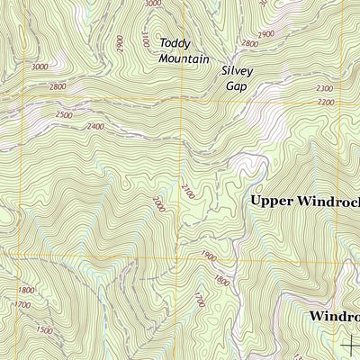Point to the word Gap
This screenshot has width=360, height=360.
(x=236, y=86)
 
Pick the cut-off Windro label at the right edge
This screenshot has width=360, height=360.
(x=334, y=317)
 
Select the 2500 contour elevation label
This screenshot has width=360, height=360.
(x=63, y=115)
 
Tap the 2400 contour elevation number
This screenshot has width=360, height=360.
(x=96, y=127)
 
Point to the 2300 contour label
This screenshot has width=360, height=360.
(x=326, y=89)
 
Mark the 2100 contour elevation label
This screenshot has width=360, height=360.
(x=186, y=191)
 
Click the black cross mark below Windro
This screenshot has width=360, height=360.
(x=349, y=342)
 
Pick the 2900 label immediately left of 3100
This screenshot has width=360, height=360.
(x=120, y=42)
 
